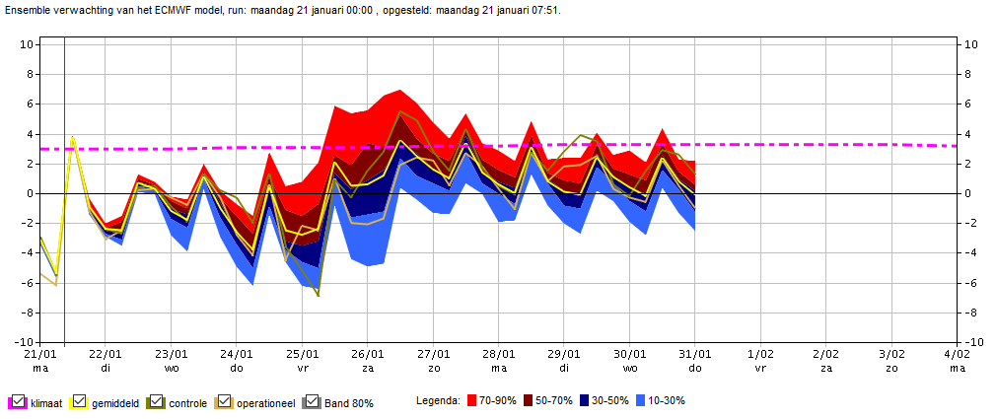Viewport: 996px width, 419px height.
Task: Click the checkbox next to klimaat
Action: point(18,401)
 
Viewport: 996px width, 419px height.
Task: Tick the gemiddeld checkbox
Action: point(80,401)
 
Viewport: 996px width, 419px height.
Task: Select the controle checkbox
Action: point(157,401)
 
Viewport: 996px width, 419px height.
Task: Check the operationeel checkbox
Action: point(224,401)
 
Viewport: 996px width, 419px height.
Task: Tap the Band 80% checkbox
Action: point(312,401)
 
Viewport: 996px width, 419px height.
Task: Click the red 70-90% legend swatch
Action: point(472,400)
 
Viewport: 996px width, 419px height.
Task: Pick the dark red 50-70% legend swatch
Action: point(528,400)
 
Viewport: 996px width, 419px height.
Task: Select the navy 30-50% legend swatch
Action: point(585,400)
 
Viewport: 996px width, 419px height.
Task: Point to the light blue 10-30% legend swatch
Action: point(641,400)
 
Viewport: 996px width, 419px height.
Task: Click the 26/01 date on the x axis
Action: point(367,353)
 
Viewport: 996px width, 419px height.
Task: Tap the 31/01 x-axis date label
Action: point(695,353)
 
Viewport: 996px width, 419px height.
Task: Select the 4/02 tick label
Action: point(957,353)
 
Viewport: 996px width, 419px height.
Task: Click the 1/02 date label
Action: point(760,353)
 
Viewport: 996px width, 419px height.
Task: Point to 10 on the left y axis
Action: point(28,44)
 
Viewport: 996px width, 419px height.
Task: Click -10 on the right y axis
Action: point(972,343)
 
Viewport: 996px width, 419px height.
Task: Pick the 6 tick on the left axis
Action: point(31,105)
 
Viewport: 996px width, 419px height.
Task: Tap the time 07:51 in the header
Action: point(546,11)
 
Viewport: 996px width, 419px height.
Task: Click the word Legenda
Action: point(438,401)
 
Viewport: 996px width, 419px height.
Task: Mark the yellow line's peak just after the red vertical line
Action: point(73,136)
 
